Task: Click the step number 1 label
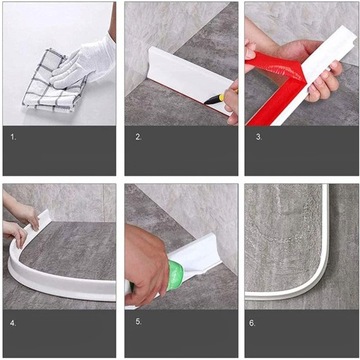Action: (13, 137)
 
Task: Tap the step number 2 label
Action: (138, 137)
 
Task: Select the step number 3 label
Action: (259, 137)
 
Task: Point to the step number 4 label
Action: (13, 323)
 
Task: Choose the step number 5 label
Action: (138, 322)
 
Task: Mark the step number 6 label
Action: (252, 323)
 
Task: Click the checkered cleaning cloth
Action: (53, 82)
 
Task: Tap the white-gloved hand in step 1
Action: (84, 63)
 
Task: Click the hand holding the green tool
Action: (147, 263)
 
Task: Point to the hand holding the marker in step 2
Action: (232, 102)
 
